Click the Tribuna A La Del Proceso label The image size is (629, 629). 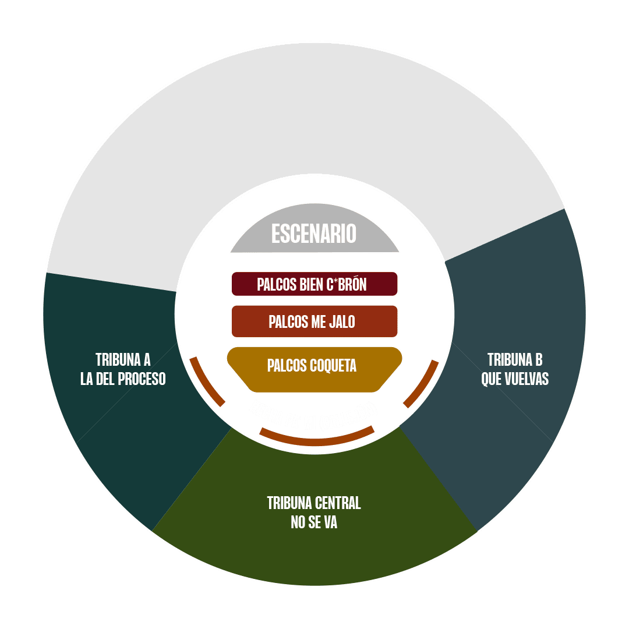[123, 369]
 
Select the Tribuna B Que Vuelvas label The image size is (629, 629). [515, 369]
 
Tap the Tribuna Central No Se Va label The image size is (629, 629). [314, 513]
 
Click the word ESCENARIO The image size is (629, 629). [314, 234]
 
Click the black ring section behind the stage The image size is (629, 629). [314, 116]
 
